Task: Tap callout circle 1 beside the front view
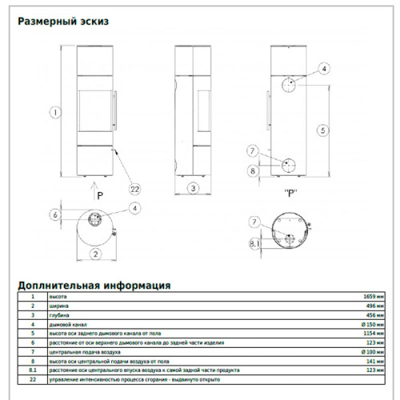(x=54, y=113)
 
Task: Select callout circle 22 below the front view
(x=134, y=189)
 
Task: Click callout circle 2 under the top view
(x=96, y=254)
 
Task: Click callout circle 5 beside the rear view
(x=321, y=129)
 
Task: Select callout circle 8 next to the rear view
(x=253, y=170)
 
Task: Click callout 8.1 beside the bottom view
(x=255, y=243)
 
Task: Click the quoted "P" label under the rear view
(x=290, y=192)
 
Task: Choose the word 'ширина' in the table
(x=58, y=306)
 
